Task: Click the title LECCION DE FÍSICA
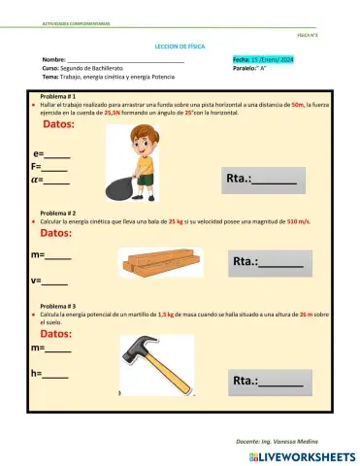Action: pos(180,46)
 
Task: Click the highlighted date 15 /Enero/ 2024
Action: pos(261,60)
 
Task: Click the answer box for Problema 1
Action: pos(260,179)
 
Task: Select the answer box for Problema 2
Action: pos(267,261)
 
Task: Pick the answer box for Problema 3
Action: pos(267,382)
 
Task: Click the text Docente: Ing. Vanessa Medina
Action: pos(276,441)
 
